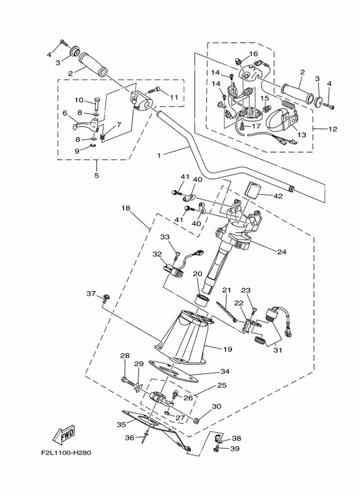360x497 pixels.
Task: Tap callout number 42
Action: click(278, 195)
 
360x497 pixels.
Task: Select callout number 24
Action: click(281, 252)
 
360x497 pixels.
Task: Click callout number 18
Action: click(125, 208)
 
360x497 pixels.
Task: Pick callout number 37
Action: click(91, 294)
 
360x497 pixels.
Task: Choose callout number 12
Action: click(334, 128)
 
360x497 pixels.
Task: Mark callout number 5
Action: click(97, 176)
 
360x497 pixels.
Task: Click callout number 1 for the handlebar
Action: click(159, 155)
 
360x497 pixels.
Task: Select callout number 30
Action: click(217, 406)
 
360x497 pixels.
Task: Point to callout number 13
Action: click(302, 135)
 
